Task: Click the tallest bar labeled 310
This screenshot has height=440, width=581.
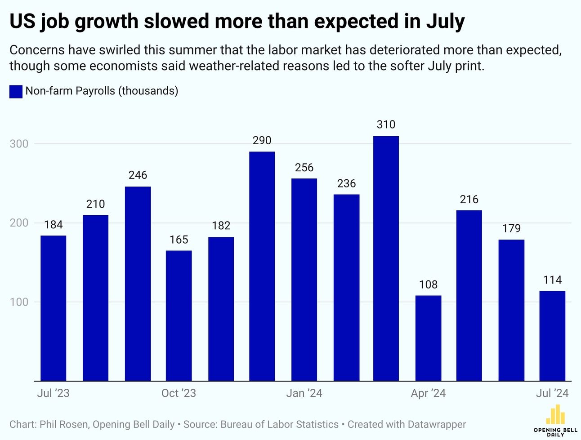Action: (x=386, y=258)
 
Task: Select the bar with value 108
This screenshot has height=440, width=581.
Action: (x=428, y=338)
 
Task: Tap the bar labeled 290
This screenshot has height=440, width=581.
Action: (x=262, y=266)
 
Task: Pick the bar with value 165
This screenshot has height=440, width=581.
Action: (x=179, y=316)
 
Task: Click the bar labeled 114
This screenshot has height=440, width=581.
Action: (x=552, y=336)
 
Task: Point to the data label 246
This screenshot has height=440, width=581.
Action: (x=138, y=175)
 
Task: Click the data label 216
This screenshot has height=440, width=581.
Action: (x=469, y=199)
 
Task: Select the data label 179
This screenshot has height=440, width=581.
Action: (x=511, y=228)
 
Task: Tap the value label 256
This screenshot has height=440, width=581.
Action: (x=304, y=168)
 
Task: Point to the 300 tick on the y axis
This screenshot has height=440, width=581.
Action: (x=19, y=144)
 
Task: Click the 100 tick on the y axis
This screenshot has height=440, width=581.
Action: (x=19, y=302)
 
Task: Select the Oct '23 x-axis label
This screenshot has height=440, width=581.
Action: (x=179, y=393)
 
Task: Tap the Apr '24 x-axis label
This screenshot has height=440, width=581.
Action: (x=428, y=393)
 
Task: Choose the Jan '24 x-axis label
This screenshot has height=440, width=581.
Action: (x=304, y=393)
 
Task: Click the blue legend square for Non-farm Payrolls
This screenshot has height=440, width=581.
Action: (x=16, y=91)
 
